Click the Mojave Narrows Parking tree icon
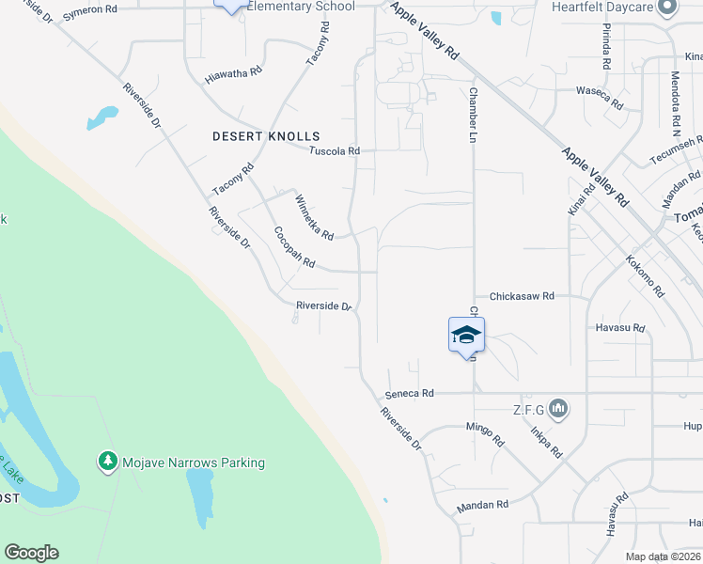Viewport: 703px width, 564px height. (108, 462)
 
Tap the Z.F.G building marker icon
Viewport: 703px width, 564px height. (559, 408)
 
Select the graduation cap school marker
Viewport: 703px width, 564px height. (466, 335)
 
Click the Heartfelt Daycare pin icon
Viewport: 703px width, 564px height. (668, 8)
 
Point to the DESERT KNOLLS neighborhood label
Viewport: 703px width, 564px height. (266, 136)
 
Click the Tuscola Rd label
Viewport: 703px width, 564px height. (336, 150)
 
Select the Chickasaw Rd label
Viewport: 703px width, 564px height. (516, 295)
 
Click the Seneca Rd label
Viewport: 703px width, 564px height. (410, 393)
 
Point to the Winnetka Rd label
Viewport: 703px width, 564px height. (314, 218)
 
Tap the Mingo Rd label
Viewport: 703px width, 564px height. (485, 434)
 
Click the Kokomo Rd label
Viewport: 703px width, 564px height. (645, 275)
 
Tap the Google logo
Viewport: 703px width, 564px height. (31, 553)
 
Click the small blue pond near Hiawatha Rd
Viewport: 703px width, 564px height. (102, 118)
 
